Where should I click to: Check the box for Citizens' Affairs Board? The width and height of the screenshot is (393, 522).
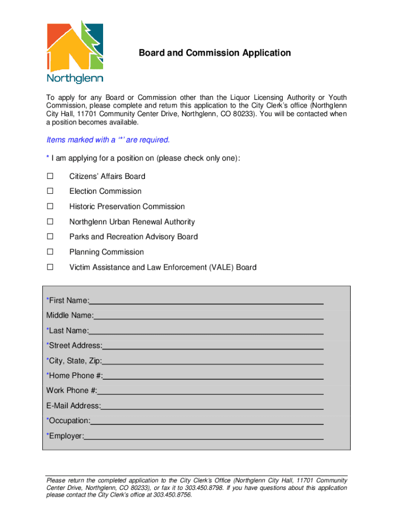click(x=51, y=176)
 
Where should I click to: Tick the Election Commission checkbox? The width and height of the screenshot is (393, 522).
click(x=51, y=191)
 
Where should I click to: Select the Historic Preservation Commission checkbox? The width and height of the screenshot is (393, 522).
click(x=51, y=206)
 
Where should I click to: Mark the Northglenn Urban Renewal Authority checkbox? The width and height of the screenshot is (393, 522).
click(x=51, y=222)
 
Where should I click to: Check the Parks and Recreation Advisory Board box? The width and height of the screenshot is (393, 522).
click(x=51, y=237)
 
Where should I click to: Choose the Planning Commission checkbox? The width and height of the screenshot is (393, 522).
click(x=51, y=252)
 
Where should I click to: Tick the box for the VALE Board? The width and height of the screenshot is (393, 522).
click(x=51, y=267)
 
